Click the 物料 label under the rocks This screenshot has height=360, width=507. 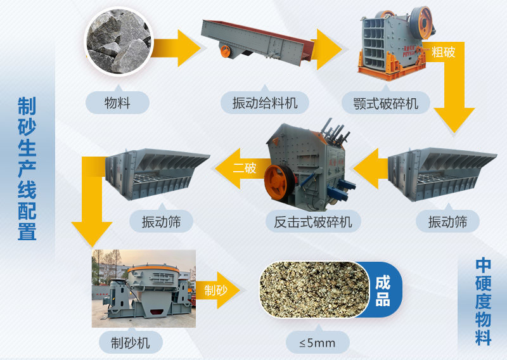[x=117, y=102]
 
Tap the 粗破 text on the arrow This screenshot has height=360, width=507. [x=443, y=51]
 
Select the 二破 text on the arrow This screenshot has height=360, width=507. [x=244, y=169]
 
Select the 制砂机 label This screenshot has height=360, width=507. [x=131, y=343]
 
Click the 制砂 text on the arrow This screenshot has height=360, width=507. [x=215, y=290]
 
